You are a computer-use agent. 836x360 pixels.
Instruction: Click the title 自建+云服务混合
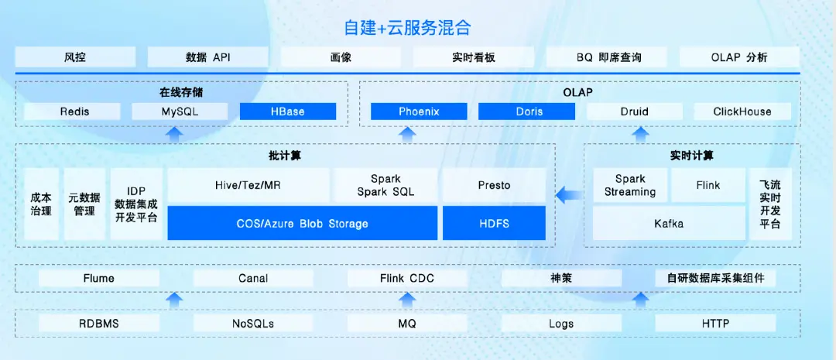[407, 28]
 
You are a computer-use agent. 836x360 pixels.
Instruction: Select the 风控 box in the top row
[75, 57]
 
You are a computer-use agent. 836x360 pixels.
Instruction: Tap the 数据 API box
[208, 57]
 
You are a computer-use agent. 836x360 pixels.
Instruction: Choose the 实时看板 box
[474, 57]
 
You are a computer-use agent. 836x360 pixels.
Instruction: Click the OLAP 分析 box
[739, 57]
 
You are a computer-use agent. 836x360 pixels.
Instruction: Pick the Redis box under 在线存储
[74, 111]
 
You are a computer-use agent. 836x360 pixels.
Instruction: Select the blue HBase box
[288, 111]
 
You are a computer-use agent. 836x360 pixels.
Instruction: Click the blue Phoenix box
[419, 111]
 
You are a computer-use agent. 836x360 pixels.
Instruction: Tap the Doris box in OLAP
[529, 111]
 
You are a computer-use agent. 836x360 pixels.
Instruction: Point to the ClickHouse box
[742, 111]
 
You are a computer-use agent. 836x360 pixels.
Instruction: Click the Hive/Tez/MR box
[248, 185]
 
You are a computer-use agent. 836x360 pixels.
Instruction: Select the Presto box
[494, 185]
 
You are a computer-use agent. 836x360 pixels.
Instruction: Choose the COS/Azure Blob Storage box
[302, 224]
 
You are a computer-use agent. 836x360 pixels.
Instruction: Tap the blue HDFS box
[494, 224]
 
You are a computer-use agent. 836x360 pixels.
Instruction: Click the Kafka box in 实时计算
[668, 224]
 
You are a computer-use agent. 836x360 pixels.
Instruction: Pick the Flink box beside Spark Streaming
[708, 185]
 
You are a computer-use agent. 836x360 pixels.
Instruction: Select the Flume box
[98, 279]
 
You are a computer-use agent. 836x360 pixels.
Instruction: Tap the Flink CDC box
[407, 279]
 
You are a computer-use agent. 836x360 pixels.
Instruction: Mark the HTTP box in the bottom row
[715, 324]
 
